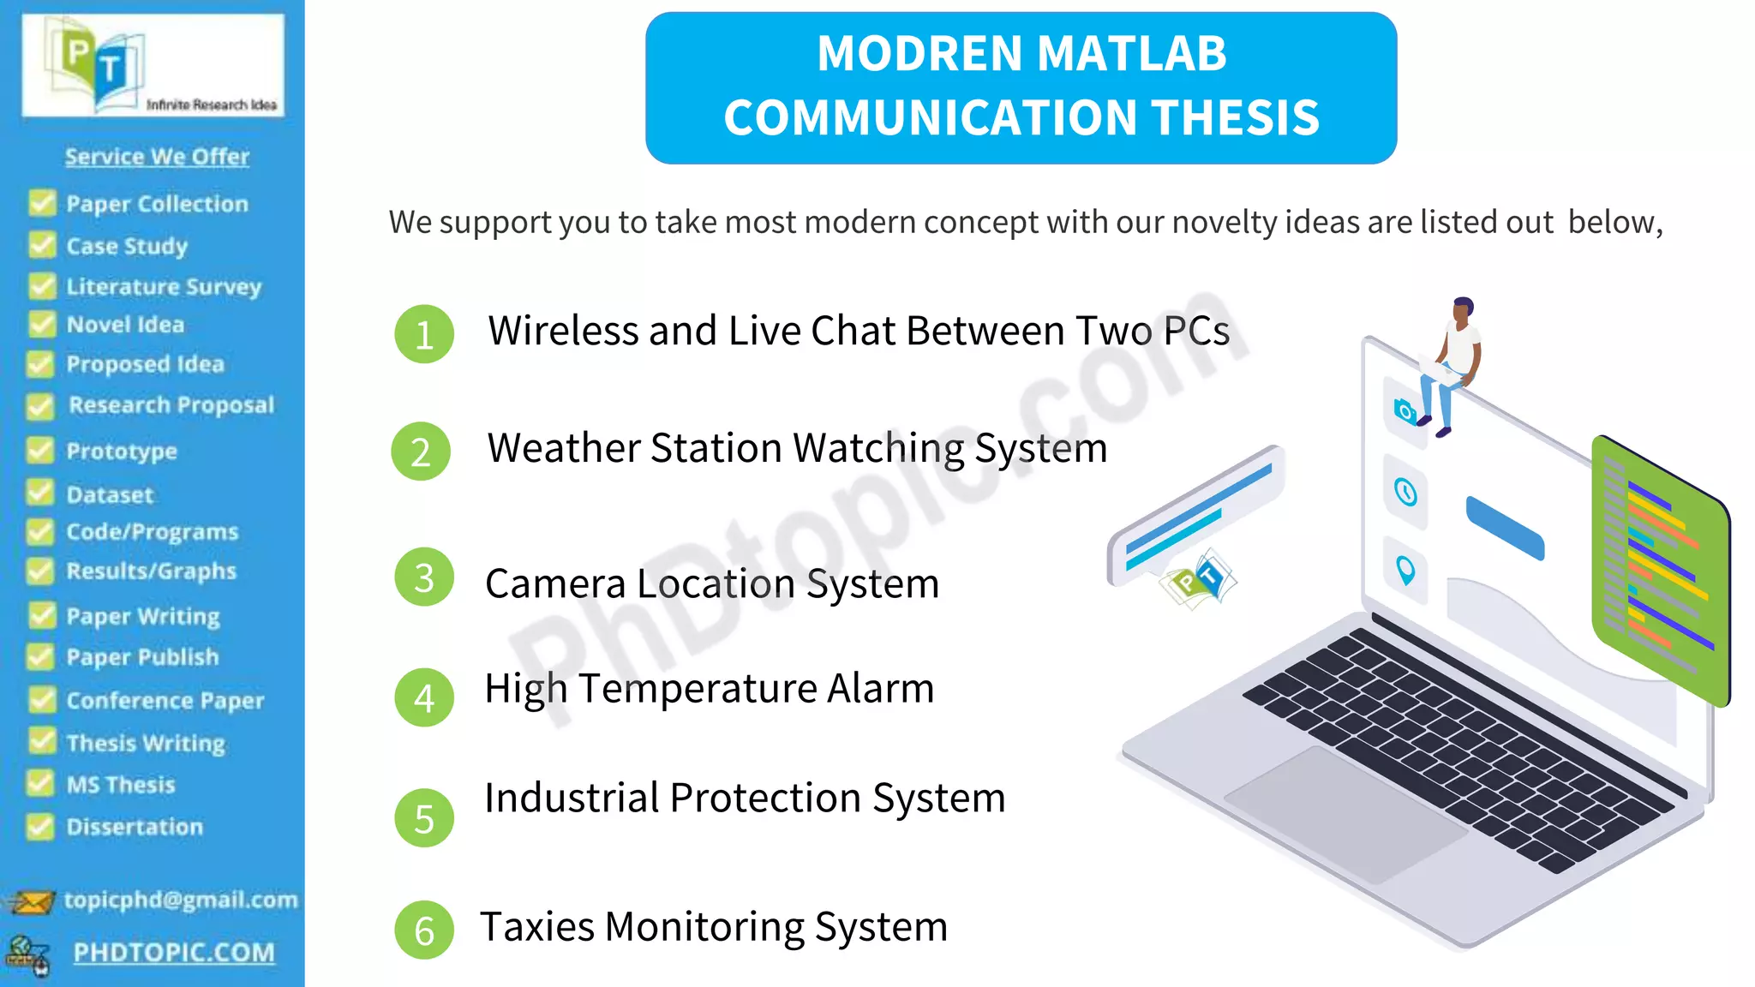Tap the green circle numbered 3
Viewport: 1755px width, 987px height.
(423, 577)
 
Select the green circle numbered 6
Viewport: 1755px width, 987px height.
(423, 930)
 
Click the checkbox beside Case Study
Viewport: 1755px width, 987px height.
(41, 245)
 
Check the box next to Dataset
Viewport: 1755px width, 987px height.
(40, 493)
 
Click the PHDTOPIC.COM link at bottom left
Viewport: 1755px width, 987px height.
(174, 952)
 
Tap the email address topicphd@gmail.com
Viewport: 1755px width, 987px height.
(181, 900)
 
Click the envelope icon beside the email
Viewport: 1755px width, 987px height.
(31, 901)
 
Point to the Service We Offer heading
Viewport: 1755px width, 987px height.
(157, 156)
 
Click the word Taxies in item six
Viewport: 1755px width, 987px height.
(537, 927)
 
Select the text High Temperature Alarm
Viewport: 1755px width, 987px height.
(709, 688)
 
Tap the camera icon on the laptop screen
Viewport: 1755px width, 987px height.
(1405, 411)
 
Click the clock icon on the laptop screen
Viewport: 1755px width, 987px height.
(1405, 492)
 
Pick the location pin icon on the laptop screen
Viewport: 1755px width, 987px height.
(1405, 569)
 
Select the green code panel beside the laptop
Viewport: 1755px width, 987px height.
(1659, 570)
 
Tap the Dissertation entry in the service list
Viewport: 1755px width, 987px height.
(135, 827)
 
